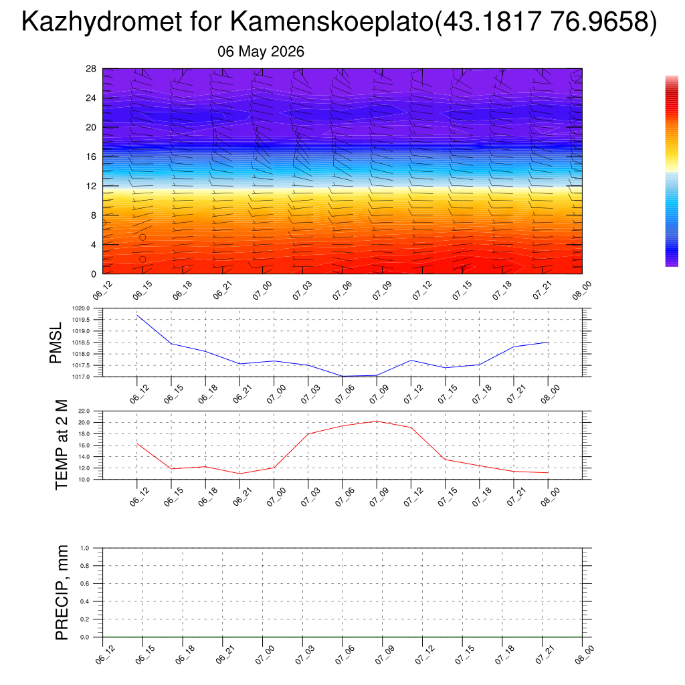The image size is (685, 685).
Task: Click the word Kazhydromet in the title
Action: click(102, 21)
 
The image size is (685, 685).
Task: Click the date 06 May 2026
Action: click(261, 52)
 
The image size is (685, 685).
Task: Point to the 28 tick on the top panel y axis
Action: click(91, 69)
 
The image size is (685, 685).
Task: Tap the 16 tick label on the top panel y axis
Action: click(91, 157)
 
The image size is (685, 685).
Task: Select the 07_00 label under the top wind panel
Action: click(262, 290)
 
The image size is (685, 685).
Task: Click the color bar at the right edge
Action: click(672, 171)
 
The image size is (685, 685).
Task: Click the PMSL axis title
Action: click(56, 343)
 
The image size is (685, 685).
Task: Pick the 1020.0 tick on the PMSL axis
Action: click(81, 308)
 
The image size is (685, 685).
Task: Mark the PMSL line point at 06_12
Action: click(137, 315)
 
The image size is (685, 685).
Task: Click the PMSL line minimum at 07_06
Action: click(342, 376)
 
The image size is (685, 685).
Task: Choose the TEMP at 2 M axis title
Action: click(62, 445)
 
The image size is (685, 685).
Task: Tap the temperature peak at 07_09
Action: click(377, 421)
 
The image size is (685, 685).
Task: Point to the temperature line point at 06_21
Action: click(240, 474)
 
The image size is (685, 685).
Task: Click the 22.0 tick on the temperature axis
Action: click(84, 411)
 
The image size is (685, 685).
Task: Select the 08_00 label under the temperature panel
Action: click(550, 497)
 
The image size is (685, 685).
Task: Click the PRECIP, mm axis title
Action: click(62, 593)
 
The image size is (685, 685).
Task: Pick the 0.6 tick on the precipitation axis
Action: click(85, 583)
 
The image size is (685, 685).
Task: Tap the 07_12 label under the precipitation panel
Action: click(425, 655)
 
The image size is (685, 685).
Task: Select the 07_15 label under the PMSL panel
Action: click(448, 394)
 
